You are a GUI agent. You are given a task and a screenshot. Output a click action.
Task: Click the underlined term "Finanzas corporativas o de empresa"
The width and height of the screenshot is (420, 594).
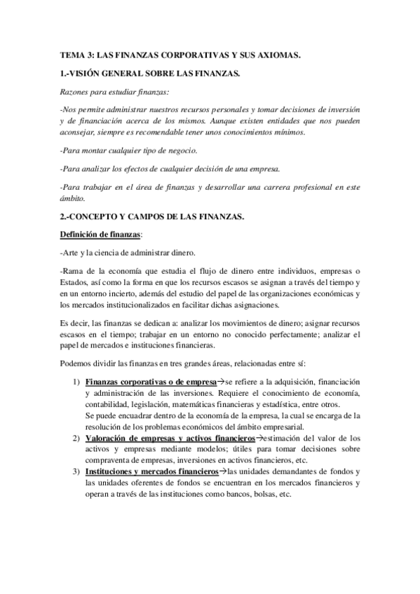coord(150,382)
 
